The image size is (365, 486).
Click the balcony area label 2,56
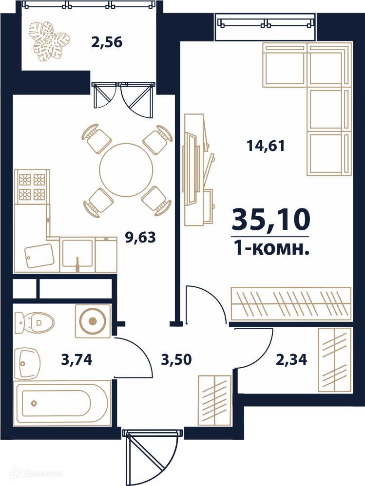point(107,42)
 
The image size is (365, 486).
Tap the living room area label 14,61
point(266,146)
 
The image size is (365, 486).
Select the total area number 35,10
point(271,220)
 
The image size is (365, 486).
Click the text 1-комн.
point(271,248)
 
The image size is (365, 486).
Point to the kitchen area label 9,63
point(140,238)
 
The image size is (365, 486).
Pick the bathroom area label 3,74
point(77,360)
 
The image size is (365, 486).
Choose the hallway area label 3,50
point(176,360)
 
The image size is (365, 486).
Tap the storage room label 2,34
point(291,360)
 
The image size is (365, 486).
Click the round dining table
point(126,169)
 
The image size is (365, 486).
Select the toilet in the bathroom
point(34,322)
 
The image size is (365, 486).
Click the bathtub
point(62,403)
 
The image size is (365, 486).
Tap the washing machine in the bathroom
point(93,321)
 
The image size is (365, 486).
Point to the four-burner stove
point(32,187)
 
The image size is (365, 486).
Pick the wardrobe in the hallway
point(214,401)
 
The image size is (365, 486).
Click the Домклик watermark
point(37,473)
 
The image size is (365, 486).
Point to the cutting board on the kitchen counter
point(39,256)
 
